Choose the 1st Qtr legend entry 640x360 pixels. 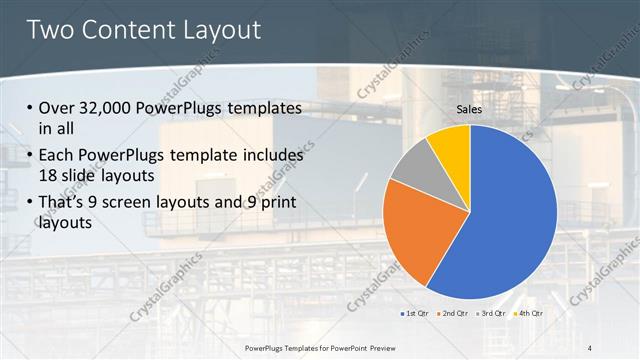tap(415, 313)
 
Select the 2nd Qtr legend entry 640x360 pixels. tap(453, 313)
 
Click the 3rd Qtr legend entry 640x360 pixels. tap(491, 313)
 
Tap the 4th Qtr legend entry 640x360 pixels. tap(528, 313)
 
